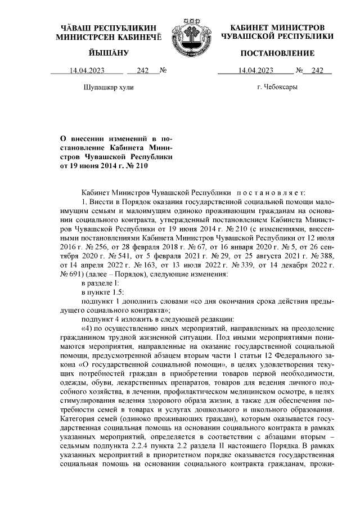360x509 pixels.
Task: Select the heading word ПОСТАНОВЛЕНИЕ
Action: (x=277, y=53)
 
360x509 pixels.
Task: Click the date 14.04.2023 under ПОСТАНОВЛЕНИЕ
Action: (x=256, y=71)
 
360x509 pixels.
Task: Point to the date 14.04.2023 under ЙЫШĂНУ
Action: (x=88, y=71)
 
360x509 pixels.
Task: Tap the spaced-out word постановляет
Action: (x=272, y=192)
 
